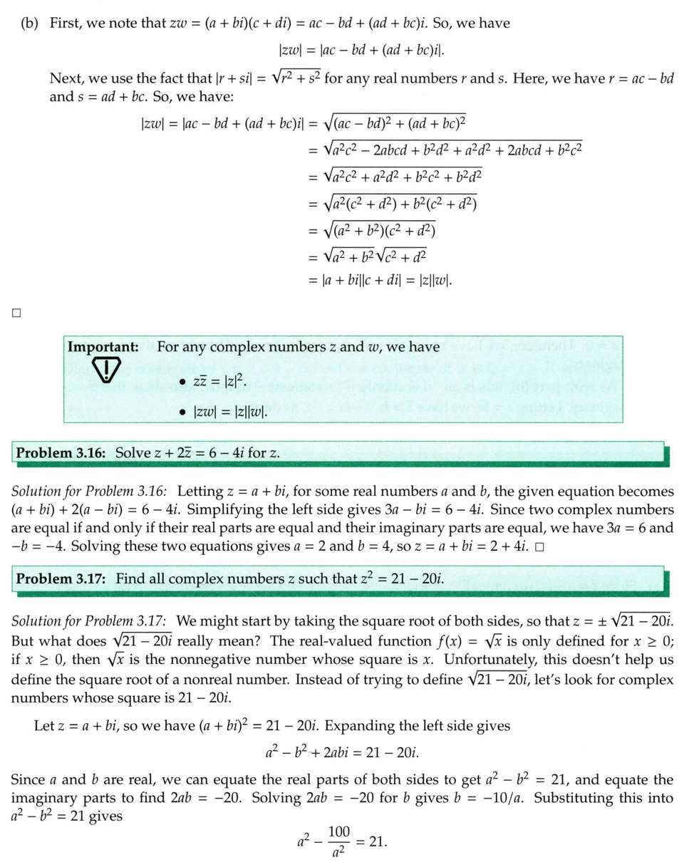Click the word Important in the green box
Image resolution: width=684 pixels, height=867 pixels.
(x=103, y=347)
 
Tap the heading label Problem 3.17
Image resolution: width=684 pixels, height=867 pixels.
(x=61, y=578)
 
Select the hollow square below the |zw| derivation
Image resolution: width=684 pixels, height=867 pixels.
(x=16, y=312)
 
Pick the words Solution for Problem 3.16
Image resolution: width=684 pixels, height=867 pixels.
(x=90, y=492)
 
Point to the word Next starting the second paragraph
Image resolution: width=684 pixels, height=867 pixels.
(x=66, y=78)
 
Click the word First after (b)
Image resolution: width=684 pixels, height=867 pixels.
(x=66, y=23)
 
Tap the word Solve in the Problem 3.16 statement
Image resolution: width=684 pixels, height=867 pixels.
(x=134, y=453)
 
